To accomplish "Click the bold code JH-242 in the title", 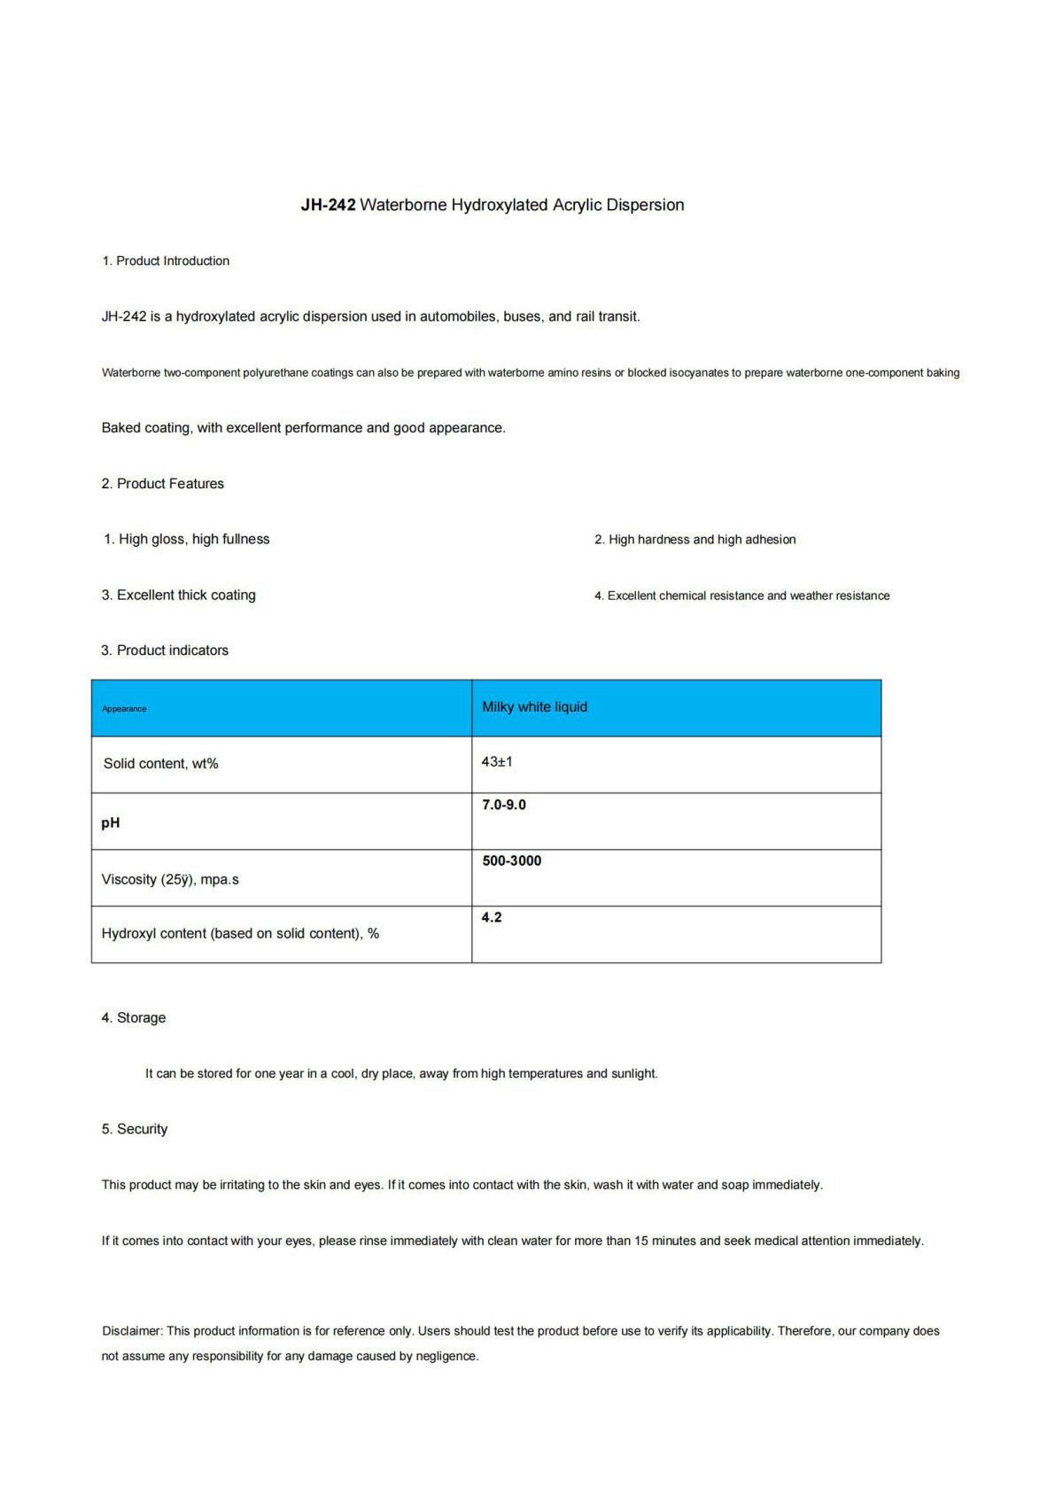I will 328,205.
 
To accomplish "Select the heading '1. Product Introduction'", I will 166,261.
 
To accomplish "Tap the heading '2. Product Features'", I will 162,483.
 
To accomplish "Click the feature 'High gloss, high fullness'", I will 193,539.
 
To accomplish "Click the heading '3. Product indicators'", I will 165,650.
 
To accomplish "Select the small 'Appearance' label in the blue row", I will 124,709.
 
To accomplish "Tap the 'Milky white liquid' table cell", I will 534,706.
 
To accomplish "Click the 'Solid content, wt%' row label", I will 160,763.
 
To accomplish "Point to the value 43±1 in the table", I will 497,761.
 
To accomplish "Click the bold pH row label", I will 111,822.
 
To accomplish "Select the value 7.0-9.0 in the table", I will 503,805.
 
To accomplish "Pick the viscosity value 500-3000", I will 511,861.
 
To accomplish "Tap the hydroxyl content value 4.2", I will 492,917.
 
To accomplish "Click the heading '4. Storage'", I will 133,1017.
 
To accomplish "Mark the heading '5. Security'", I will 134,1128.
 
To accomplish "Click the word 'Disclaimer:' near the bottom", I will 132,1330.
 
